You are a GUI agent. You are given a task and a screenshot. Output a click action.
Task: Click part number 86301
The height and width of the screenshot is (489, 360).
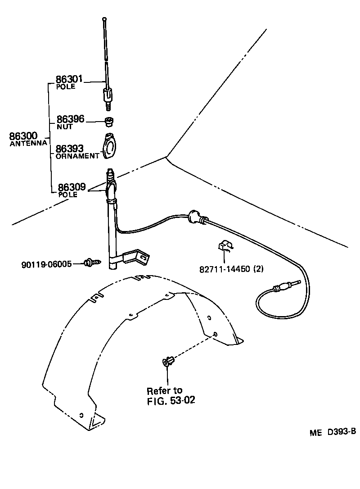click(x=69, y=79)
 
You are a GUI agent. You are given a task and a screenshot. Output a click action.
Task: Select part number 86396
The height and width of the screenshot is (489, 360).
click(x=70, y=119)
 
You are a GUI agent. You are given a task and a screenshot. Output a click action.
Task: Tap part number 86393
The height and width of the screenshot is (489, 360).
click(x=69, y=148)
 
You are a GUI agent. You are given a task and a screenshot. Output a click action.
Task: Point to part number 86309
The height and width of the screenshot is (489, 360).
click(x=71, y=186)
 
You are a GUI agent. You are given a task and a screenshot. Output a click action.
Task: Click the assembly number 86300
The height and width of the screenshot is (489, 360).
click(x=23, y=136)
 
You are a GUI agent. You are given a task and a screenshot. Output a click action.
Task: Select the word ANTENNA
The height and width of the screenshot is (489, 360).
click(x=28, y=143)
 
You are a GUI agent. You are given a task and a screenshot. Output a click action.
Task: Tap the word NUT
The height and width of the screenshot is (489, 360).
click(x=62, y=127)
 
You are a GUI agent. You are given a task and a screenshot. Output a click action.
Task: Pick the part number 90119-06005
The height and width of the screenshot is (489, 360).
click(x=46, y=264)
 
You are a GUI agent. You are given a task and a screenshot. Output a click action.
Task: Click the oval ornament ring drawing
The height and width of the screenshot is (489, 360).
click(x=110, y=146)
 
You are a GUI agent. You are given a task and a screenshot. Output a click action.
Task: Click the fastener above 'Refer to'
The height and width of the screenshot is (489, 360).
click(x=168, y=361)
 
